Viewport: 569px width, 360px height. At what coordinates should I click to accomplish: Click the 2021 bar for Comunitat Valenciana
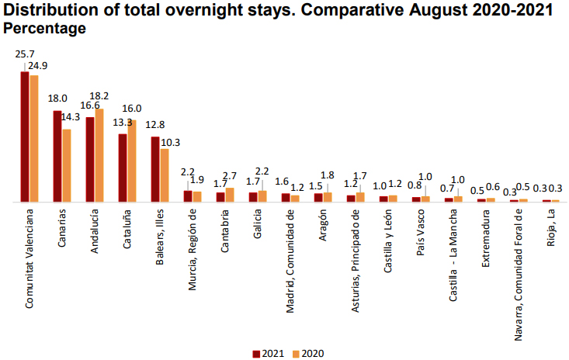[x=25, y=136]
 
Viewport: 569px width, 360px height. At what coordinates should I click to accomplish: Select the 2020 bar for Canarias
[x=67, y=165]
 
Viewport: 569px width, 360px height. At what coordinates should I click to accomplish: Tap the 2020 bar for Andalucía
[x=99, y=155]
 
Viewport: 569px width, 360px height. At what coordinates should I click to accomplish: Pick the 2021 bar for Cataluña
[x=123, y=168]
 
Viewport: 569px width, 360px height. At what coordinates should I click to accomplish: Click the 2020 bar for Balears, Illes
[x=165, y=175]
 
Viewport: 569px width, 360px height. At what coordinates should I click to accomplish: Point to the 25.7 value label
[x=24, y=54]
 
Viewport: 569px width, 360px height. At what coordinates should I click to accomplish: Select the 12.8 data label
[x=155, y=124]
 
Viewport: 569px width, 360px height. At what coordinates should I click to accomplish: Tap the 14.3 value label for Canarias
[x=71, y=117]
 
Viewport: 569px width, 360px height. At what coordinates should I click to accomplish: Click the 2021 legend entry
[x=267, y=354]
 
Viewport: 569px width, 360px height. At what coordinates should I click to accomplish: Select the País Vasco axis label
[x=420, y=231]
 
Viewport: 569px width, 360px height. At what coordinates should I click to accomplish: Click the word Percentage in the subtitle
[x=45, y=28]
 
